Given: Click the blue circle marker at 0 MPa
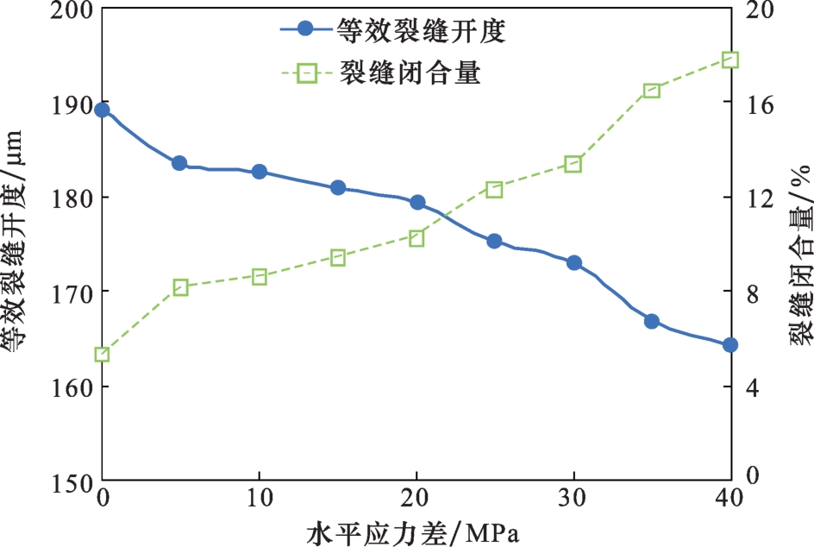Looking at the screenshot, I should (x=102, y=110).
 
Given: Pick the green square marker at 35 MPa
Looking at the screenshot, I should (x=652, y=91).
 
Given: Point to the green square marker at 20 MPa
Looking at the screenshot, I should (x=416, y=238).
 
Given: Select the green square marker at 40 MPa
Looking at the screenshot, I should (x=730, y=60).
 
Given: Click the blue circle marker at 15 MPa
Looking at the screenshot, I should (x=338, y=187).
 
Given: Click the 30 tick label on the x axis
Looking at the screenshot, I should (x=573, y=499).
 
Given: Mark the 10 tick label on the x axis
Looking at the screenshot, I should (x=259, y=499).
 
